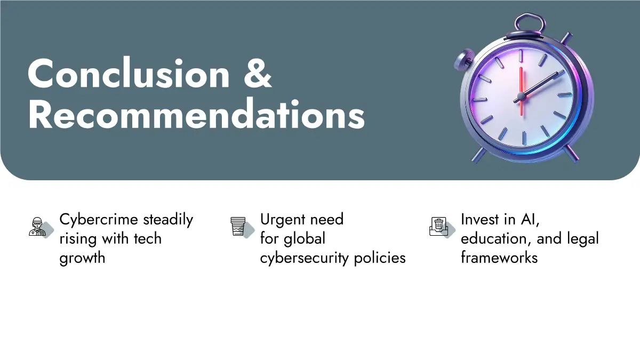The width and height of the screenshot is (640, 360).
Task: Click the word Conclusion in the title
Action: point(129,73)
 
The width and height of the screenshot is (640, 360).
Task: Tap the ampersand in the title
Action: point(258,73)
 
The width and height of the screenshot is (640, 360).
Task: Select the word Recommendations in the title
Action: point(196,114)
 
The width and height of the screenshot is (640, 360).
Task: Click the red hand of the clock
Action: point(521,91)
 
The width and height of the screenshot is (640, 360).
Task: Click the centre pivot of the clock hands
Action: point(522,97)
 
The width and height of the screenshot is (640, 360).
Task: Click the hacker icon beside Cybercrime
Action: point(37,227)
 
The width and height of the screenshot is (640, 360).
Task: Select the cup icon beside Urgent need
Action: point(238,227)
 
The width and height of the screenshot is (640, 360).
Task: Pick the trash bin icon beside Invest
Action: point(438,227)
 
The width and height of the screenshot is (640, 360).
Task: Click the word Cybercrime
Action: point(99,220)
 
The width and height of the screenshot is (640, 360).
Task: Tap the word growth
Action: point(82,258)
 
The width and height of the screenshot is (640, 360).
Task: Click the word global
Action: point(305,238)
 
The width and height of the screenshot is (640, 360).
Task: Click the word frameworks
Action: point(499,258)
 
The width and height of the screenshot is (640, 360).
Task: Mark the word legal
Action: point(583,239)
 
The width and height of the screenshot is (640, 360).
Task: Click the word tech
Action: point(148,238)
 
